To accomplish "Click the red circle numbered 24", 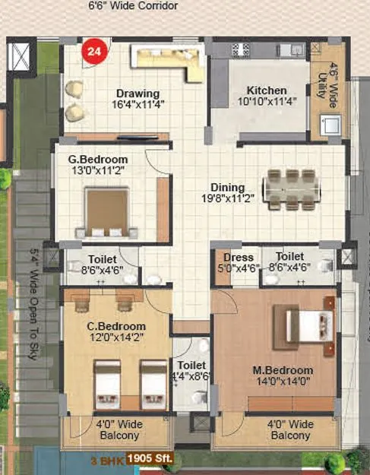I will click(x=95, y=52).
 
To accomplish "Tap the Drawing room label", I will click(x=138, y=92).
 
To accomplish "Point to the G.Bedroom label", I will click(x=98, y=160).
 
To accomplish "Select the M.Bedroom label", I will click(x=280, y=372).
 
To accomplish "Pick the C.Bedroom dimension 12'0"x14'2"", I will click(x=115, y=338).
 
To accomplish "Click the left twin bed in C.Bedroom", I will click(x=105, y=384).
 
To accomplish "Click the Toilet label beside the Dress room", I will click(x=289, y=258).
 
